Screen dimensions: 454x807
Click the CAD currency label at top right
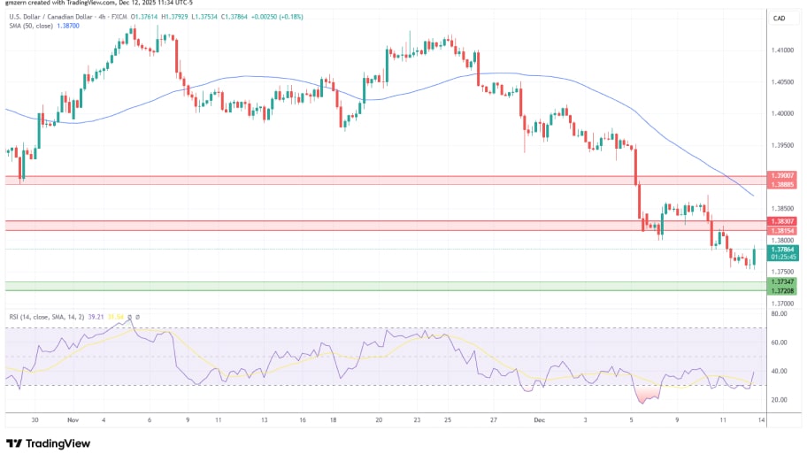[x=780, y=18]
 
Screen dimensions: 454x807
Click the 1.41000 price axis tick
[x=783, y=50]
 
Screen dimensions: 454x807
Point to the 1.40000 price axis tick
[x=783, y=113]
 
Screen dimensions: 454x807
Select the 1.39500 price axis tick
[x=783, y=145]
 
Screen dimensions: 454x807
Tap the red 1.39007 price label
[x=783, y=176]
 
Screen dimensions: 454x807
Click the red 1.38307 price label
[x=783, y=220]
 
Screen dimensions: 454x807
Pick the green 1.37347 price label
[x=783, y=281]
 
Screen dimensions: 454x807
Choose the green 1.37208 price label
[x=783, y=290]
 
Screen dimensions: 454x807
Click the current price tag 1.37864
[x=783, y=250]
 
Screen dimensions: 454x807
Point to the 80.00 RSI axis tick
[x=780, y=313]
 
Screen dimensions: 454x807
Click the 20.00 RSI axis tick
[x=780, y=400]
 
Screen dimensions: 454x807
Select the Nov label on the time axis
[x=72, y=422]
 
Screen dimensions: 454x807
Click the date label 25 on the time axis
[x=449, y=422]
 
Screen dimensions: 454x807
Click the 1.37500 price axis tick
[x=783, y=272]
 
